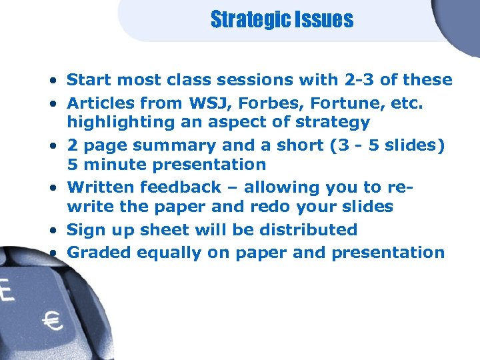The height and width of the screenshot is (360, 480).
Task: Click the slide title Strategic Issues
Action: point(281,20)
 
